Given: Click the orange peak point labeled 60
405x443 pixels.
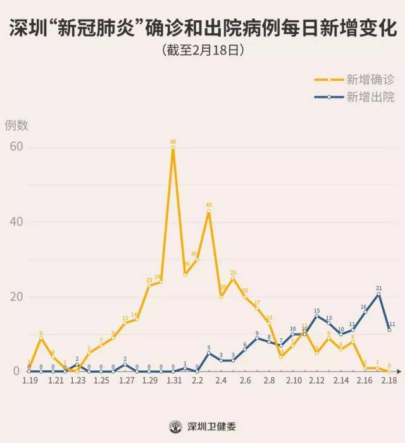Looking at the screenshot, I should (x=173, y=147).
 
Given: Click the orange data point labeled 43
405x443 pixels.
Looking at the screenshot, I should (x=209, y=211).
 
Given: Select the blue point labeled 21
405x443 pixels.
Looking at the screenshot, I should (x=378, y=294).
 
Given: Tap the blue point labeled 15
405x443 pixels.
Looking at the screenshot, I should (x=317, y=316).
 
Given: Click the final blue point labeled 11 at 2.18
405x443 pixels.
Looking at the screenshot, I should (x=390, y=330).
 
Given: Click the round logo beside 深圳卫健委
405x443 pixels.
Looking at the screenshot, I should (x=175, y=427).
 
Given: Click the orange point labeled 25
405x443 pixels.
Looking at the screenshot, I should (x=233, y=278).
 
